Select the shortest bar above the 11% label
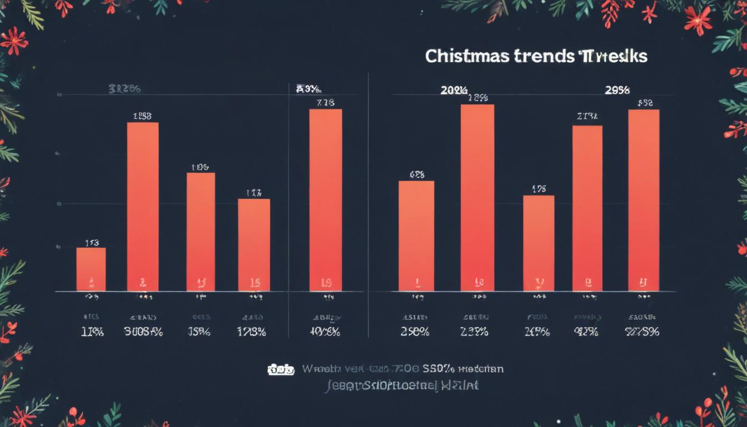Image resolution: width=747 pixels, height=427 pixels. coord(91,269)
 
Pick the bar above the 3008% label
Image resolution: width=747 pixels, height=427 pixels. coord(143,206)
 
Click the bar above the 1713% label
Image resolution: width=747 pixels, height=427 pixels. coord(254,245)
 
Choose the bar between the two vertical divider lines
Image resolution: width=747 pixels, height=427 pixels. coord(326,200)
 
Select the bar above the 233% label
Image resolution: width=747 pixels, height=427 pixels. coord(477,197)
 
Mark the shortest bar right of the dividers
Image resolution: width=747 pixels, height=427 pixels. coord(539,243)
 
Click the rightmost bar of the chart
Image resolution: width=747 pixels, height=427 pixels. coord(644,200)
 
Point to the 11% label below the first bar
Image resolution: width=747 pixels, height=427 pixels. coord(92,332)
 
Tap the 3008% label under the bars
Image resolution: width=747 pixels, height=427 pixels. coord(143,332)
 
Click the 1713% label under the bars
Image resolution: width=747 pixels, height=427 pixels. coord(251,332)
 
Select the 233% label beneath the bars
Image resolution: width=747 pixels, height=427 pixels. coord(474,332)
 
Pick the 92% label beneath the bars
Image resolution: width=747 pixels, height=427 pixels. coord(586,332)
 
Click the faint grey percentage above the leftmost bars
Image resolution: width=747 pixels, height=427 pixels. coord(124,88)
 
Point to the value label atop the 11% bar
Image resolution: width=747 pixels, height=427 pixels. coord(92,242)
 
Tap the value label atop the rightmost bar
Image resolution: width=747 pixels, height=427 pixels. coord(645,103)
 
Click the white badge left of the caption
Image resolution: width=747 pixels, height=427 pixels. coord(281,370)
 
